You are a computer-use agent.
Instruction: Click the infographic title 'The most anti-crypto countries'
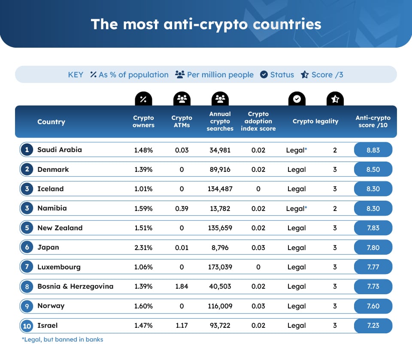pyautogui.click(x=206, y=24)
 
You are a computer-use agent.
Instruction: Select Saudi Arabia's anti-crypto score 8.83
pyautogui.click(x=373, y=150)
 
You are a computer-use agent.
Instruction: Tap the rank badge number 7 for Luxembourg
pyautogui.click(x=27, y=267)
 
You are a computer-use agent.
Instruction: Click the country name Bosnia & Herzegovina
pyautogui.click(x=75, y=286)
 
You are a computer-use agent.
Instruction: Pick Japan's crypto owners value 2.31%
pyautogui.click(x=143, y=247)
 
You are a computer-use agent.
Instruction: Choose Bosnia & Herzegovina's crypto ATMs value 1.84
pyautogui.click(x=182, y=287)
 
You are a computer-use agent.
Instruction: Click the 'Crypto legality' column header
pyautogui.click(x=315, y=122)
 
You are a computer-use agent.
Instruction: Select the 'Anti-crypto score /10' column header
pyautogui.click(x=373, y=122)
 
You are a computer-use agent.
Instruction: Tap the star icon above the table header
pyautogui.click(x=335, y=99)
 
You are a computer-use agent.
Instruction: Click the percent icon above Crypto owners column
pyautogui.click(x=143, y=99)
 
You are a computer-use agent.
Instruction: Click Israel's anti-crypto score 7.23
pyautogui.click(x=373, y=326)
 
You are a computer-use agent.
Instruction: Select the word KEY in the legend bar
pyautogui.click(x=76, y=75)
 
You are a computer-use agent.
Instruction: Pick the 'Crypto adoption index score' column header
pyautogui.click(x=258, y=122)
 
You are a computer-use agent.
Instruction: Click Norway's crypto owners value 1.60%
pyautogui.click(x=143, y=306)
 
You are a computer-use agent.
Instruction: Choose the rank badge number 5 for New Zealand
pyautogui.click(x=27, y=228)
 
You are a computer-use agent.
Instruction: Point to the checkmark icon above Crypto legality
pyautogui.click(x=297, y=99)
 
